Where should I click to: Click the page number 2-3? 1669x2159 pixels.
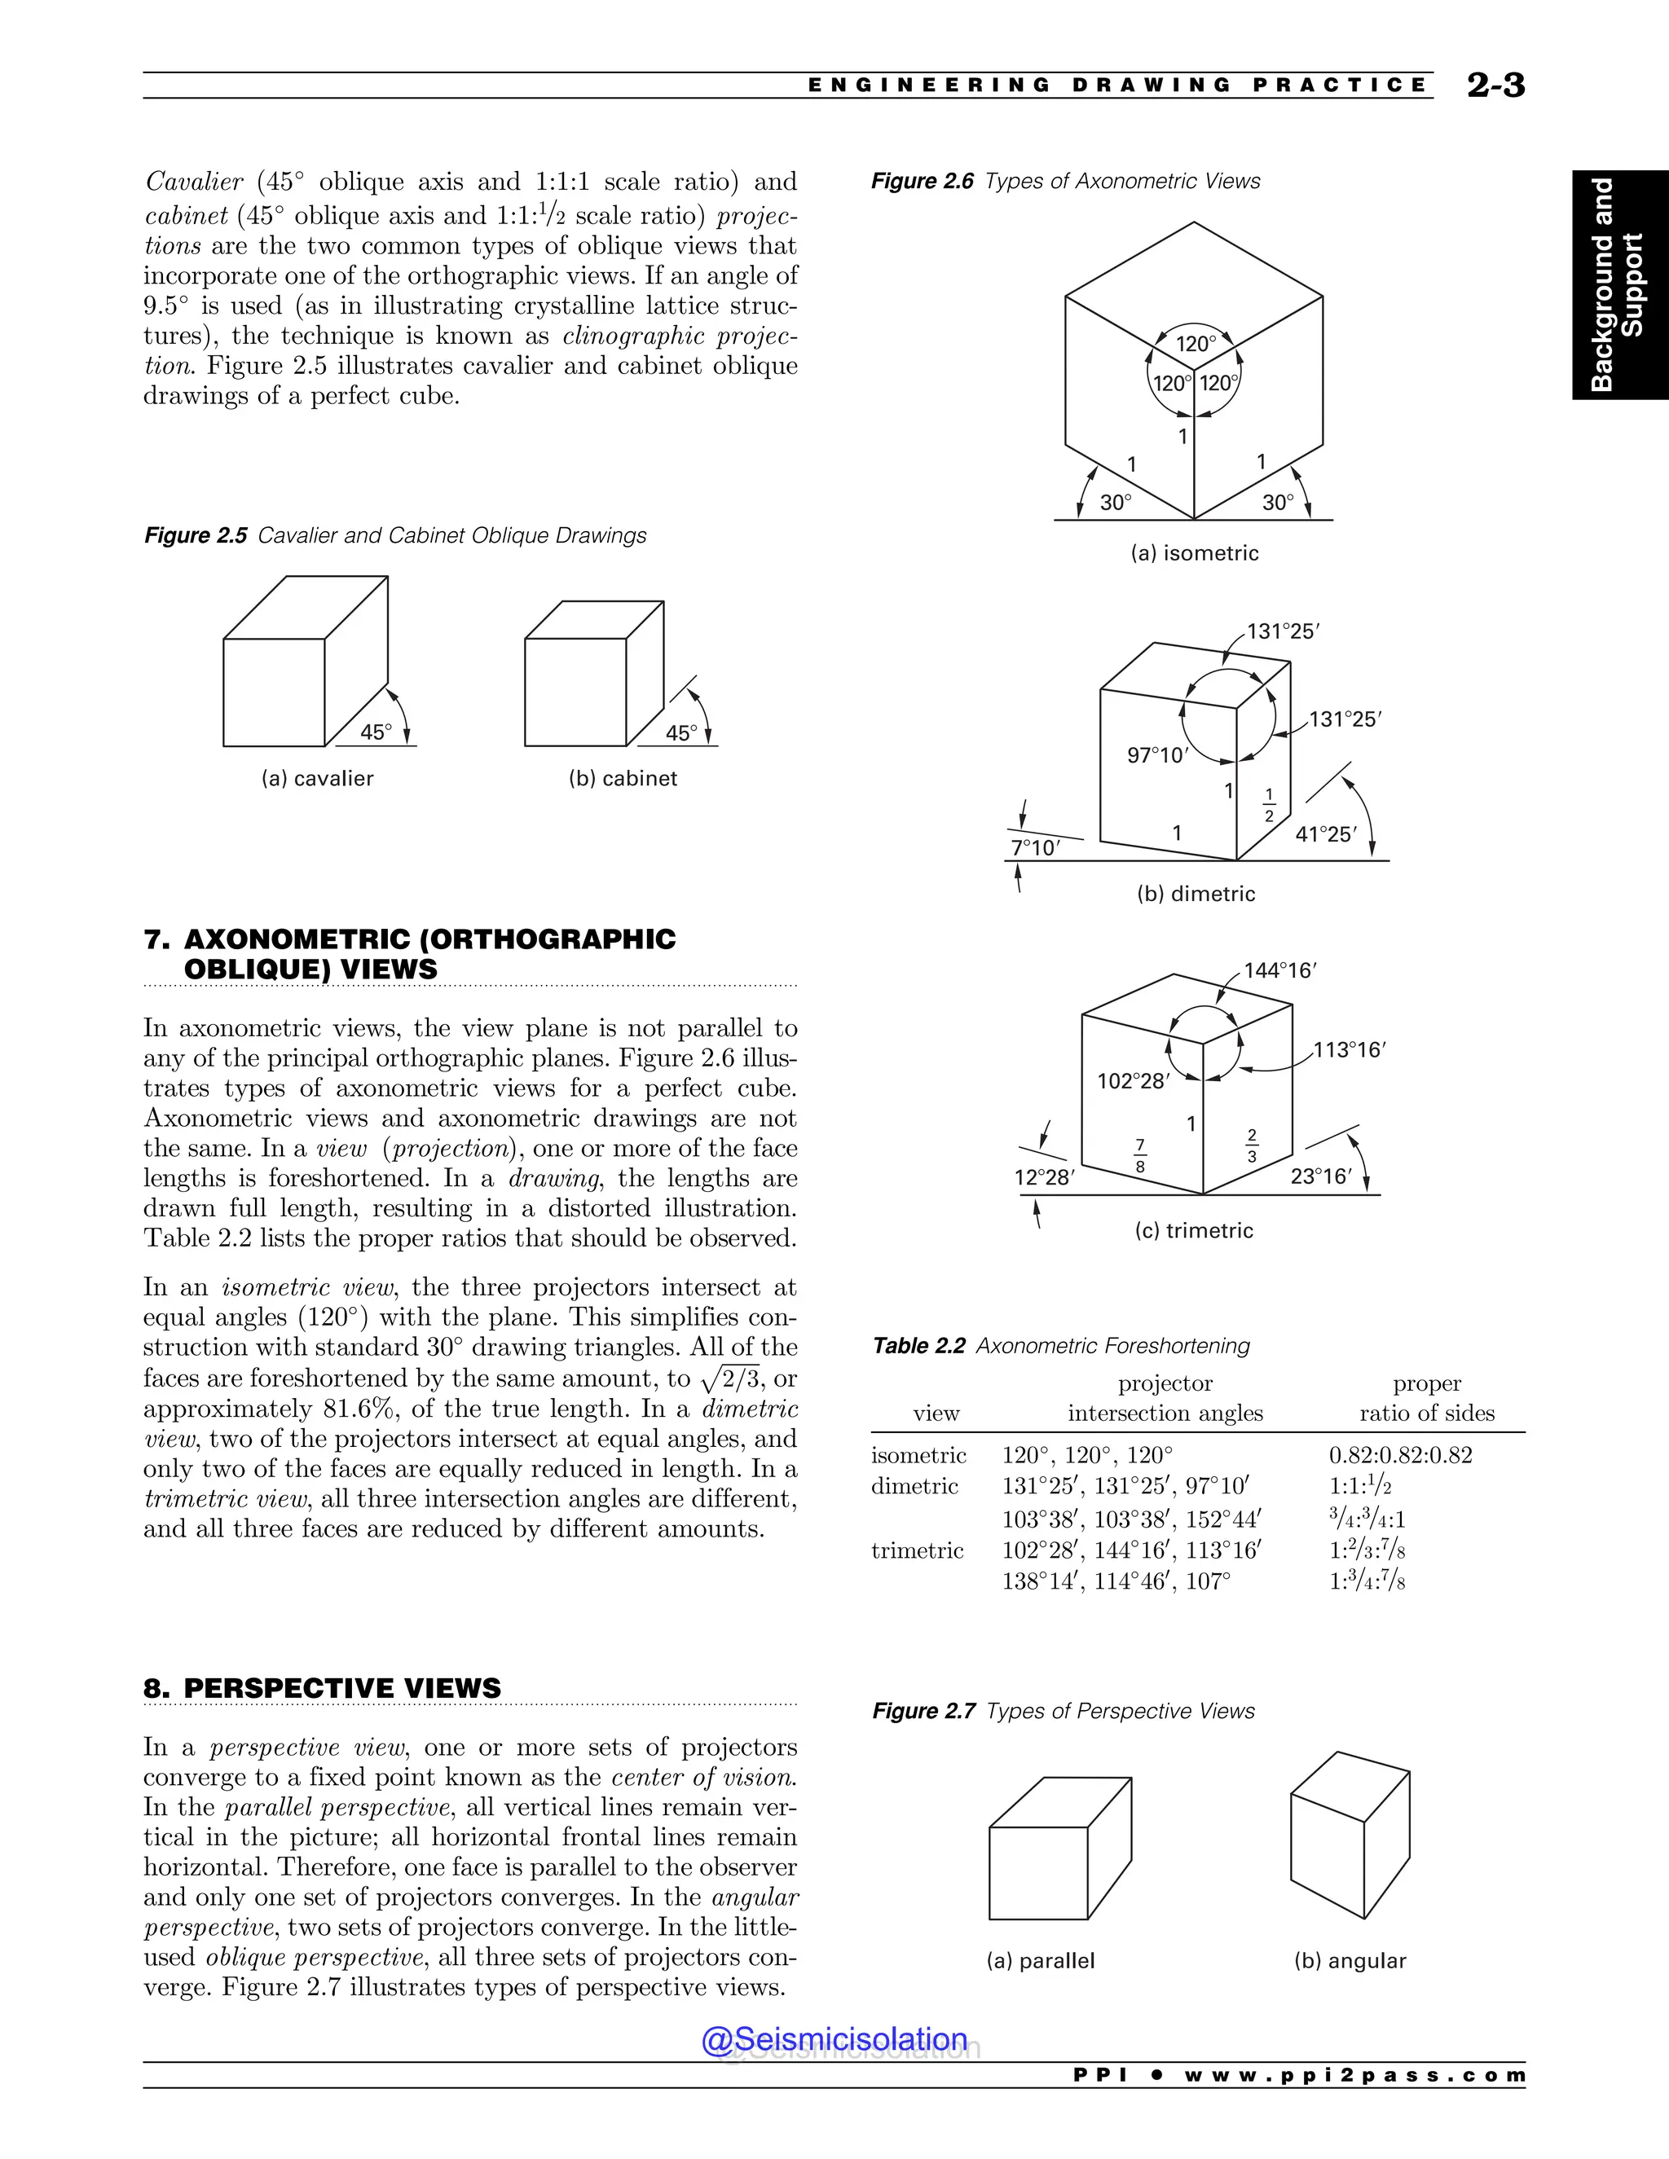[x=1495, y=86]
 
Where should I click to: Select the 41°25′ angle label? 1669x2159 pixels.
[x=1326, y=834]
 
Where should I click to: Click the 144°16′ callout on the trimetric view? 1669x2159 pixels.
[x=1279, y=971]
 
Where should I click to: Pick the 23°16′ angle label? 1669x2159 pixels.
[x=1320, y=1176]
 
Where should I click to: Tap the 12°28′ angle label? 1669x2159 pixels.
[x=1044, y=1177]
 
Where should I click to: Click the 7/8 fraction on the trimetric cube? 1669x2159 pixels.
[x=1139, y=1155]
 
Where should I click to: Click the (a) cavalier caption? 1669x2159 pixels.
[x=317, y=779]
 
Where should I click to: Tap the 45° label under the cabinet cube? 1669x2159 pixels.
[x=681, y=733]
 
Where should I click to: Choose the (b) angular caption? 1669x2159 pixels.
[x=1350, y=1961]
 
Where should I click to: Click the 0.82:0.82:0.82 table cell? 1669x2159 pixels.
[x=1400, y=1455]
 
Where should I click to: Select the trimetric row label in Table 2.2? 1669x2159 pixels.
[x=917, y=1550]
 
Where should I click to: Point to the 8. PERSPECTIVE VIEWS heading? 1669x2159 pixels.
[x=323, y=1688]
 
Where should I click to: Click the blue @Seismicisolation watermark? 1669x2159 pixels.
[x=834, y=2039]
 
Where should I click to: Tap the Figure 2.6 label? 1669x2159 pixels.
[x=922, y=181]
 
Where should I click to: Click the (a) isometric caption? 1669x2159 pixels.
[x=1195, y=553]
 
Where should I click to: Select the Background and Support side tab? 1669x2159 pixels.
[x=1618, y=284]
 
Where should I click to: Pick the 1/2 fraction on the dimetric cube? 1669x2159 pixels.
[x=1270, y=806]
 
